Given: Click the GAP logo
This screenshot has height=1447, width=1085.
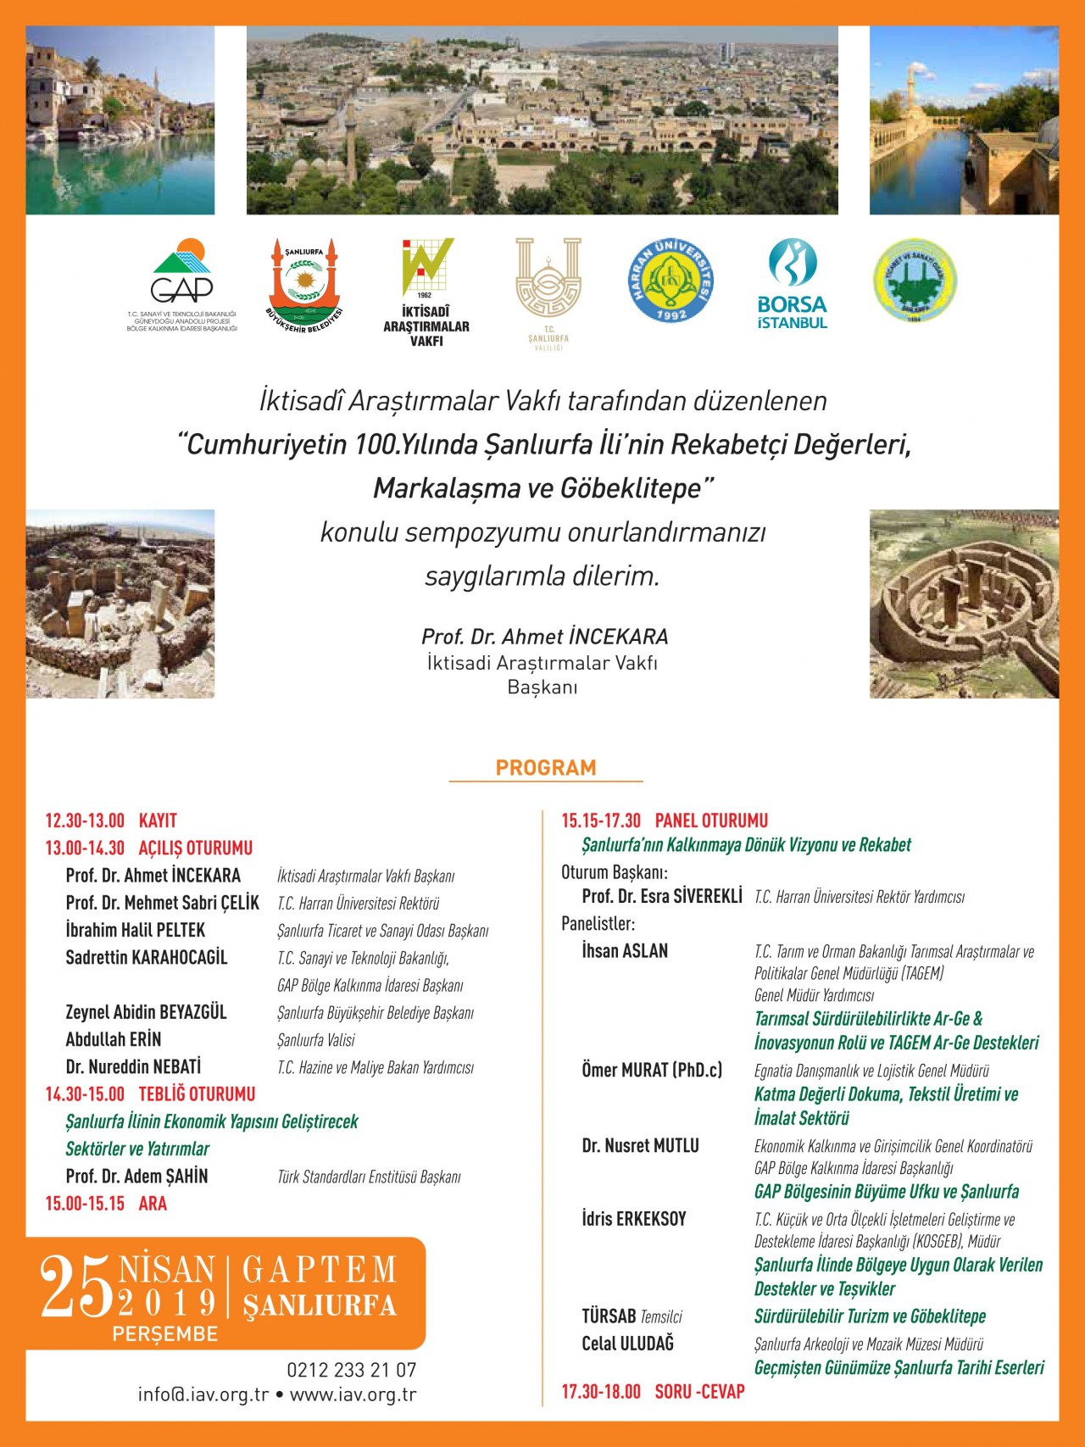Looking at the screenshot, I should pos(181,273).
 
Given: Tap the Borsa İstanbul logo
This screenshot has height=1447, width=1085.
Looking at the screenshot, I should pos(792,284).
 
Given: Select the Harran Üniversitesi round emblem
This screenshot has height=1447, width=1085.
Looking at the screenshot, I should pos(670,281).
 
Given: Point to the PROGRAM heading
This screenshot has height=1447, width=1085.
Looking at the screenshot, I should pos(546,768).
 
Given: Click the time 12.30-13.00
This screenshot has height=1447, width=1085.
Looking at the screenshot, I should pos(85,821).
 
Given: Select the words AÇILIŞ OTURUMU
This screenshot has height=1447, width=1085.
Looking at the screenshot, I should pos(196,848).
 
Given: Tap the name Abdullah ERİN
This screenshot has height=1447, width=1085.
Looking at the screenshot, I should pos(114,1039).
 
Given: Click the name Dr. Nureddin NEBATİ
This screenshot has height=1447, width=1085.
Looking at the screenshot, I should pos(133,1066).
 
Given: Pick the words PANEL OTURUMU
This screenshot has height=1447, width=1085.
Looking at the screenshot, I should pos(711,821).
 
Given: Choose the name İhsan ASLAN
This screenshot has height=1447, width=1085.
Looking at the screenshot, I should pos(625,951).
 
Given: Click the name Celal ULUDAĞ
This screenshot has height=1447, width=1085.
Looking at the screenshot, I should pos(627,1344).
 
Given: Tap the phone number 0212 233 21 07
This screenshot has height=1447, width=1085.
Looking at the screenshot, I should pos(352,1370).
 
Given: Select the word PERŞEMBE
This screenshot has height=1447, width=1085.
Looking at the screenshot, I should pos(165,1334).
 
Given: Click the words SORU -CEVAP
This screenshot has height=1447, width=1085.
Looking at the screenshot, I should pos(699,1391).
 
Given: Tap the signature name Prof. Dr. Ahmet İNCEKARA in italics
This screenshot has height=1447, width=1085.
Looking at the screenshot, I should pos(545,637).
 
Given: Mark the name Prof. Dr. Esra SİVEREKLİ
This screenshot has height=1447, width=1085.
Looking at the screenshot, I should pos(661,896).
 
